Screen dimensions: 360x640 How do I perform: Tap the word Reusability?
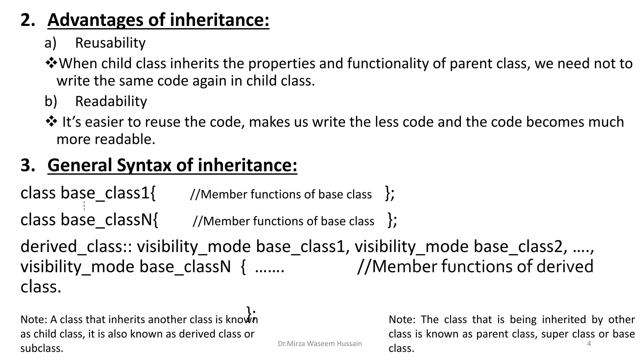tap(110, 43)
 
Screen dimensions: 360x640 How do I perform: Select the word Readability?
tap(111, 101)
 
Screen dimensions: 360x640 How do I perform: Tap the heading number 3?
tap(27, 165)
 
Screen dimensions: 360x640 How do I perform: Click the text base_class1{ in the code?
tap(108, 193)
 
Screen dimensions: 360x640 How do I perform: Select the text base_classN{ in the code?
tap(109, 220)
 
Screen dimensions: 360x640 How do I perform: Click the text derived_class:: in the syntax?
tap(76, 247)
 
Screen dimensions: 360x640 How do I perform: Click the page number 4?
tap(589, 344)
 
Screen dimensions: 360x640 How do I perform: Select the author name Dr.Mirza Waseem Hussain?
tap(320, 344)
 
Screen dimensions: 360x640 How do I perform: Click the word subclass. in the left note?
tap(42, 348)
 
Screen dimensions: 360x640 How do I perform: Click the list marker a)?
tap(50, 43)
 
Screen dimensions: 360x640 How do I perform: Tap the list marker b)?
tap(51, 101)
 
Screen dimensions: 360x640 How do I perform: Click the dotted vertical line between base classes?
tap(84, 206)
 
